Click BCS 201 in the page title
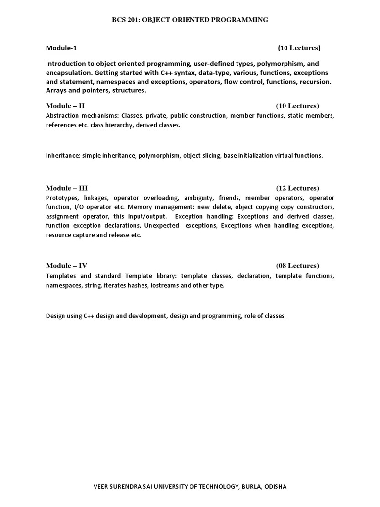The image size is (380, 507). (x=125, y=20)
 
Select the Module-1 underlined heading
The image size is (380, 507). (x=61, y=48)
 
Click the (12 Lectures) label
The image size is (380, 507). (x=297, y=188)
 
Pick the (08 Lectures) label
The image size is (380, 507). (x=297, y=265)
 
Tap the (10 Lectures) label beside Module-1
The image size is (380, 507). (x=299, y=48)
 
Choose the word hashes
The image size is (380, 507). (x=141, y=286)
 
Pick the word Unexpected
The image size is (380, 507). (x=162, y=226)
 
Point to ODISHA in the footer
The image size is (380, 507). (x=275, y=487)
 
